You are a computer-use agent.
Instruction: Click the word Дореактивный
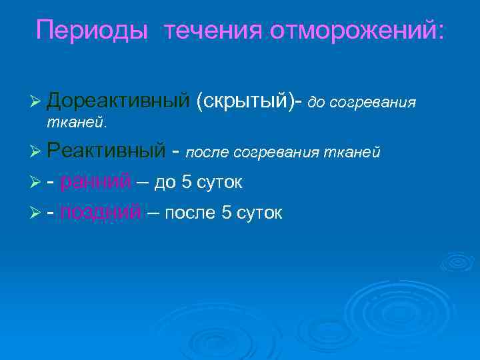[x=119, y=101]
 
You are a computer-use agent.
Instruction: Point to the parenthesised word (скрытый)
[x=246, y=101]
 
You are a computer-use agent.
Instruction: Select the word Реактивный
[x=105, y=151]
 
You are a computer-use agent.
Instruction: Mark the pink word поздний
[x=101, y=213]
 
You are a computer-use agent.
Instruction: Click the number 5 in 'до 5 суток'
[x=187, y=182]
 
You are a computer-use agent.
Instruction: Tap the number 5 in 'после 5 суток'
[x=227, y=213]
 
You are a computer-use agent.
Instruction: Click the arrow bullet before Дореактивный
[x=37, y=101]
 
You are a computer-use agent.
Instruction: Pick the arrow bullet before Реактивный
[x=37, y=152]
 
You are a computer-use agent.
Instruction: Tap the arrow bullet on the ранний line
[x=37, y=183]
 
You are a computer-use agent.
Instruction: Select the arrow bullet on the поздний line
[x=37, y=213]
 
